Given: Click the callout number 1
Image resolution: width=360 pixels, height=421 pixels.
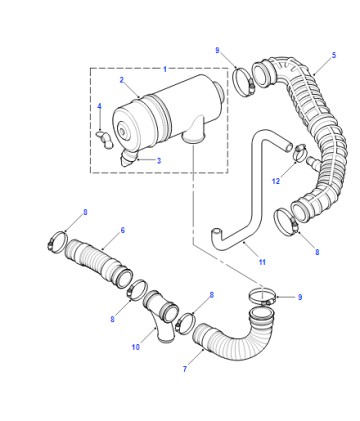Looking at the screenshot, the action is point(165,69).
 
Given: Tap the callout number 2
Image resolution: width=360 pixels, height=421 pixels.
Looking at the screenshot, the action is point(122,80).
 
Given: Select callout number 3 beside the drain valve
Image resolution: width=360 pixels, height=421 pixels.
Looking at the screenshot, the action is point(159,161).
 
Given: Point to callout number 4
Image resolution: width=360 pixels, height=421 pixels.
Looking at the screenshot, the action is point(99,106).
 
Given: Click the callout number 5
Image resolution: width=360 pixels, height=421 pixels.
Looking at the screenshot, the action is point(334,55).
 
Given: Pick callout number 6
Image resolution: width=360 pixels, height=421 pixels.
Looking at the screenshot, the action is point(123,230).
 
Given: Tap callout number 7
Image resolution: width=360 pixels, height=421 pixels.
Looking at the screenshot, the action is point(185,369).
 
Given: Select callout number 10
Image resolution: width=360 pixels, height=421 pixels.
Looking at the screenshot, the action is point(136,347).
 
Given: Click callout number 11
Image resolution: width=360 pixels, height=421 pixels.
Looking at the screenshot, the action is point(262,262).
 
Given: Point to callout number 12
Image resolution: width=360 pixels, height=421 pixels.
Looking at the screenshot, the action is point(276,181).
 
